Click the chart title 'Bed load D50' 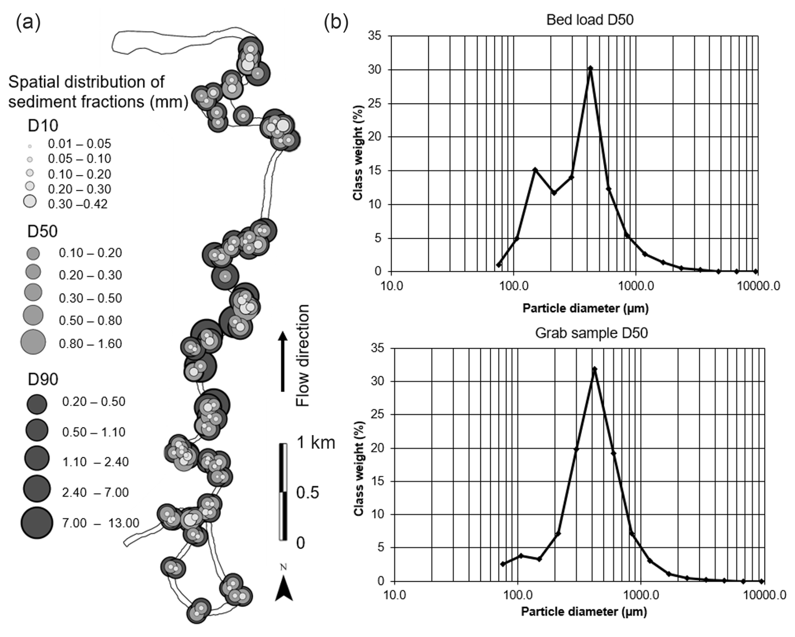coord(590,20)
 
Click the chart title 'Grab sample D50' coord(591,333)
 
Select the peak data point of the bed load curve coord(590,68)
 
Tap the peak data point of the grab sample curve coord(594,369)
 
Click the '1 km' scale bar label coord(316,443)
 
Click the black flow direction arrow coord(283,362)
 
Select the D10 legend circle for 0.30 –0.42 coord(30,202)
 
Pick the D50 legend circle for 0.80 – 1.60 coord(33,342)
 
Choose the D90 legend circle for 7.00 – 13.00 coord(37,523)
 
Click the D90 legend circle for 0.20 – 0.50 coord(37,404)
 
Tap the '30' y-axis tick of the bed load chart coord(375,70)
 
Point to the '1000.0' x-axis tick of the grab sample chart coord(640,595)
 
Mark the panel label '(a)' coord(28,22)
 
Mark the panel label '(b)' coord(336,22)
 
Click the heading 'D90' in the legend coord(43,379)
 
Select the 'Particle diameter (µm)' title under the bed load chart coord(585,309)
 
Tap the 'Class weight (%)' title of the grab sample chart coord(358,468)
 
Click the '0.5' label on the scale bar coord(308,492)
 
